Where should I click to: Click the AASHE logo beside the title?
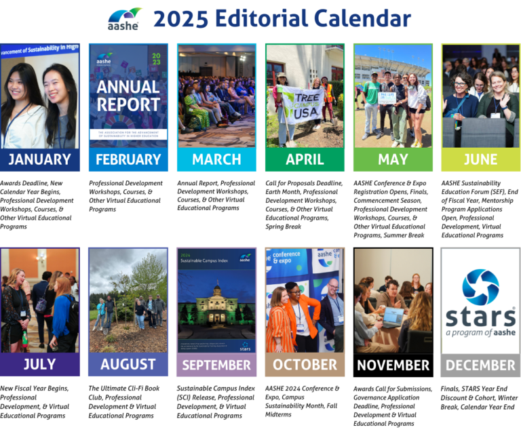tap(124, 18)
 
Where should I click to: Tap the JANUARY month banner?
tap(39, 160)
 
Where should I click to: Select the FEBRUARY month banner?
tap(128, 160)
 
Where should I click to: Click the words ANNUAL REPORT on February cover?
tap(128, 96)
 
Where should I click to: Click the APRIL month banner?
tap(305, 160)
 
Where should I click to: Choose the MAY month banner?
tap(393, 160)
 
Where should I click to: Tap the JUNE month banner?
tap(480, 160)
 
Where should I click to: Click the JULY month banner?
tap(39, 365)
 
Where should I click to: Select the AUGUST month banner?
tap(128, 365)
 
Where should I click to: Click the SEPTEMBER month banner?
tap(216, 365)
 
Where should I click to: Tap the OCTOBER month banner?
tap(305, 365)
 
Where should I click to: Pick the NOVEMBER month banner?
tap(393, 365)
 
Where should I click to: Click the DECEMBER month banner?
tap(480, 365)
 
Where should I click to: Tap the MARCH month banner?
tap(216, 160)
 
